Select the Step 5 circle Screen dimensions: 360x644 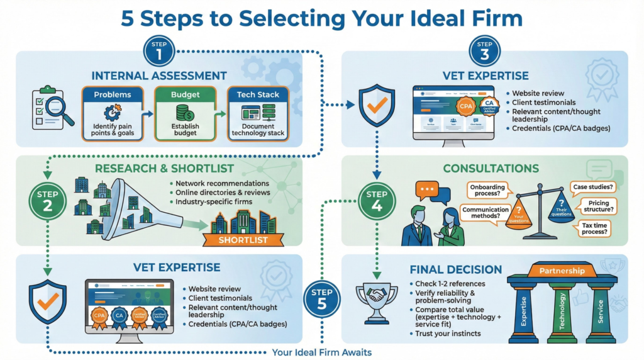pyautogui.click(x=321, y=296)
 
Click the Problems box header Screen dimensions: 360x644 pyautogui.click(x=113, y=94)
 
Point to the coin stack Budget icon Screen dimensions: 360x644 pyautogui.click(x=184, y=113)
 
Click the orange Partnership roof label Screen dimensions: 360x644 pyautogui.click(x=562, y=271)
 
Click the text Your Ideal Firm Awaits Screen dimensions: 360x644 pyautogui.click(x=322, y=352)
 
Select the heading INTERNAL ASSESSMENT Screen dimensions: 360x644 pyautogui.click(x=158, y=76)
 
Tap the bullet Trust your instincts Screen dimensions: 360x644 pyautogui.click(x=447, y=334)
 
